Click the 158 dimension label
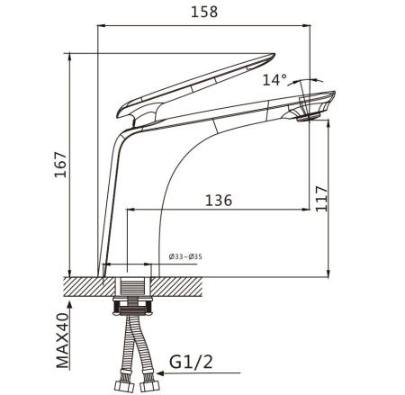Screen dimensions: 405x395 [204, 12]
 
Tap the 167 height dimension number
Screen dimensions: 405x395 [60, 165]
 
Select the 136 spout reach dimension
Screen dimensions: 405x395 [219, 200]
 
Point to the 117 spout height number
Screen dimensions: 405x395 [321, 199]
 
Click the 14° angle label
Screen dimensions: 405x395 [274, 80]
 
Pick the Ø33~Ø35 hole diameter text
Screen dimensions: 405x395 [185, 256]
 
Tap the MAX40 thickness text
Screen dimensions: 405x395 [62, 340]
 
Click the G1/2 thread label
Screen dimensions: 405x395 [191, 362]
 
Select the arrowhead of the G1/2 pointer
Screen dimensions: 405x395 [160, 373]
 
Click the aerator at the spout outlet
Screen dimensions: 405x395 [309, 117]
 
